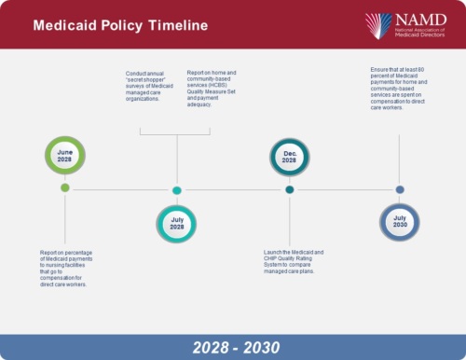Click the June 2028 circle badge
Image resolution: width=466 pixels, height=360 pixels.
click(x=65, y=156)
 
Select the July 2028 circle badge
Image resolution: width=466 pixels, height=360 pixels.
click(x=176, y=224)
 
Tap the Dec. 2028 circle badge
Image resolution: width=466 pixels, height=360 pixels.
click(x=289, y=156)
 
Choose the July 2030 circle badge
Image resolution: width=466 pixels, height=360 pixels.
click(x=399, y=223)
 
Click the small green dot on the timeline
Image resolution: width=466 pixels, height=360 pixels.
click(x=65, y=188)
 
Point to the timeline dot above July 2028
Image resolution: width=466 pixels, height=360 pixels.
click(x=176, y=190)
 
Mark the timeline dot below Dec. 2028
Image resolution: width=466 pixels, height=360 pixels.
click(x=289, y=189)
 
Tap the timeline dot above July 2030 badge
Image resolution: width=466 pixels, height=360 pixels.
click(x=400, y=189)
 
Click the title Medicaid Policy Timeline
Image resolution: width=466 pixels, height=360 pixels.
click(x=121, y=25)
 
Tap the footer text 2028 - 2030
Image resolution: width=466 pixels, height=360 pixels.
click(x=233, y=347)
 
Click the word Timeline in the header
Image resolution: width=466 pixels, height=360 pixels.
click(x=176, y=25)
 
